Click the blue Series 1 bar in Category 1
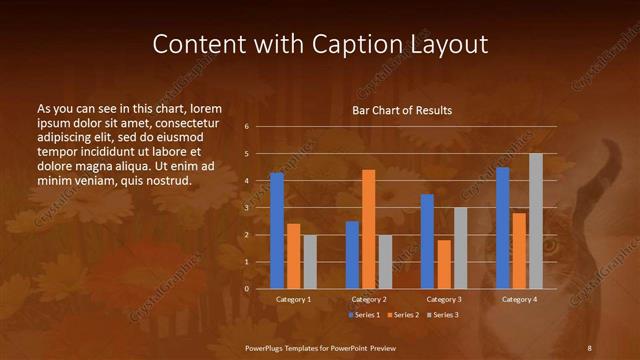click(276, 231)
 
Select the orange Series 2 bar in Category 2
click(369, 229)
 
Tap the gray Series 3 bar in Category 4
click(536, 221)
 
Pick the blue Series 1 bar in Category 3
click(427, 241)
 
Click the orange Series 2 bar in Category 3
click(444, 264)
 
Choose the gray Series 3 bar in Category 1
click(310, 262)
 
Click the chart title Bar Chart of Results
click(402, 110)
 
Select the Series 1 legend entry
click(366, 315)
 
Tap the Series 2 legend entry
click(402, 315)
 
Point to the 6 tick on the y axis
click(246, 127)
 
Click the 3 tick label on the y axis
click(246, 208)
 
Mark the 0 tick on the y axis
click(246, 289)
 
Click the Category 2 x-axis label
click(369, 299)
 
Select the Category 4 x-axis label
click(519, 299)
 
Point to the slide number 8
click(589, 346)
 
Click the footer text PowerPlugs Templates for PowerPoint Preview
click(321, 346)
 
